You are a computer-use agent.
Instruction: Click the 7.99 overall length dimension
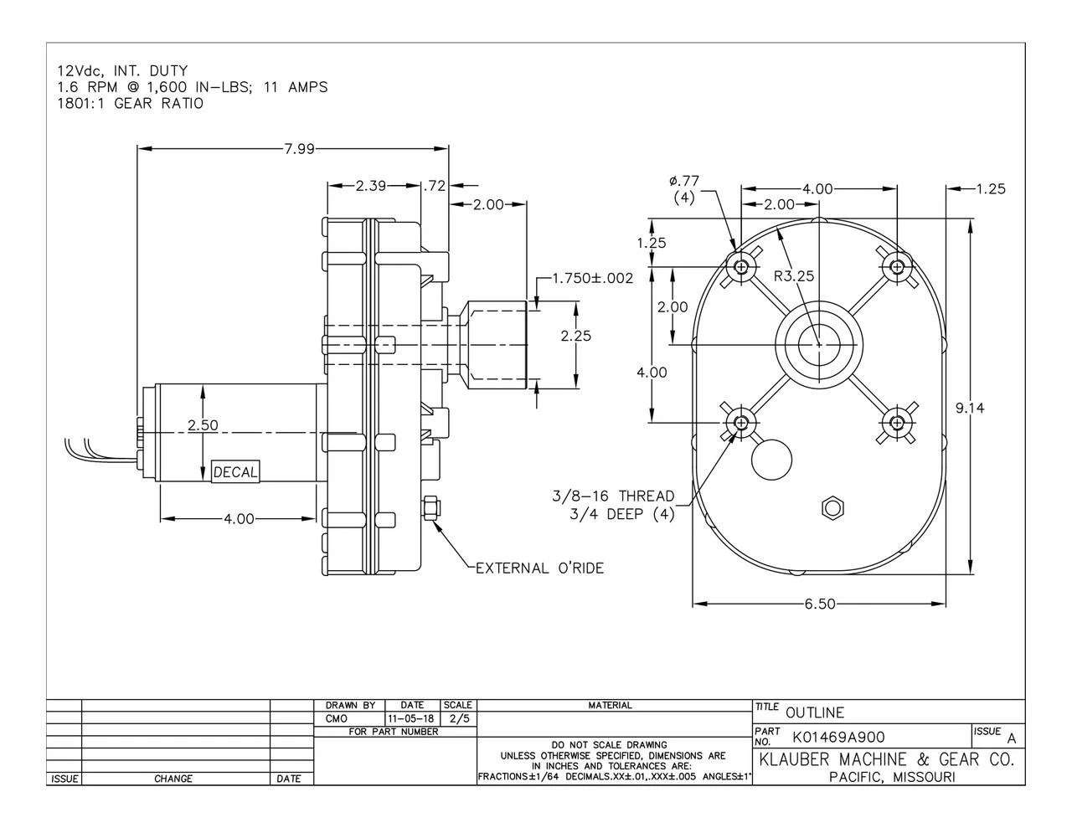299,149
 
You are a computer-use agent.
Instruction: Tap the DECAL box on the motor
235,472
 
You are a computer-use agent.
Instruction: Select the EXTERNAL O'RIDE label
539,568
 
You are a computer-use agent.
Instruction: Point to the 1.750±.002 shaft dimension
592,278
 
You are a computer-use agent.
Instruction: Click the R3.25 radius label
794,275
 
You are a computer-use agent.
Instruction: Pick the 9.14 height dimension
970,408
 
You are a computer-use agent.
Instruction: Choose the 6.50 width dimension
820,604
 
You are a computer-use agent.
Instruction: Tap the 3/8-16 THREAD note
613,496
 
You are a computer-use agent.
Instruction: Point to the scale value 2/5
459,718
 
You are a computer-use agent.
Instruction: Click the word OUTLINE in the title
815,712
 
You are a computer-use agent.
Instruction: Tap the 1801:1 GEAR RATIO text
130,103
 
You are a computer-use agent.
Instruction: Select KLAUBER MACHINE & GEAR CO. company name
886,760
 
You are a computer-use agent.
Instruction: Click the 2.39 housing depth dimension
370,186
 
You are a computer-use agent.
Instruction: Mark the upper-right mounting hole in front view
898,267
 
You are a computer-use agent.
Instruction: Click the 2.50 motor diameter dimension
203,425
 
